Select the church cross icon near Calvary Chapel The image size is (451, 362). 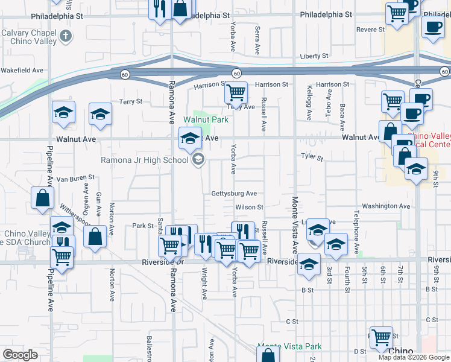[x=66, y=37]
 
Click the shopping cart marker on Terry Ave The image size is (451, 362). [x=236, y=93]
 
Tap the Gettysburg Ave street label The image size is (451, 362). [x=234, y=194]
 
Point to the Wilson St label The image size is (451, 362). [x=250, y=207]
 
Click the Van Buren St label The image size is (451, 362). [x=75, y=178]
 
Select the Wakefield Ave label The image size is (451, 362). [x=22, y=70]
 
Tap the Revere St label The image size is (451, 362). [x=370, y=29]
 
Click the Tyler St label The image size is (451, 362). [x=312, y=158]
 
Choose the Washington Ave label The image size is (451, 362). [x=386, y=206]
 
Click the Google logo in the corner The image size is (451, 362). [x=20, y=355]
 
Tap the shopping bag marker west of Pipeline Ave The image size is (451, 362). [x=43, y=198]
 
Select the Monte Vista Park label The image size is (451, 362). [x=289, y=346]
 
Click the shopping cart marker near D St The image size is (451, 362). [x=381, y=337]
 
